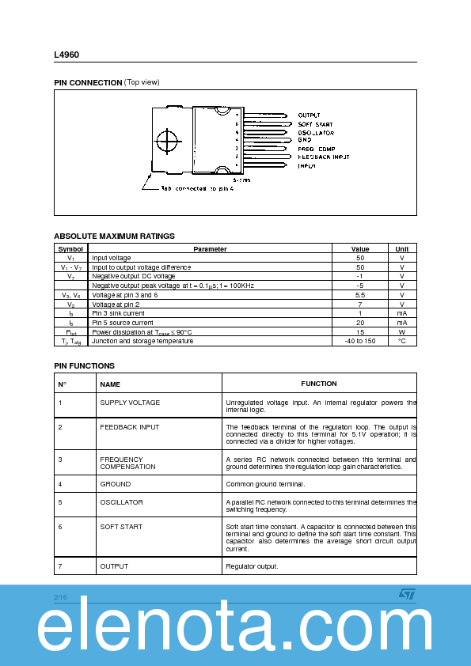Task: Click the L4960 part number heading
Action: (x=66, y=55)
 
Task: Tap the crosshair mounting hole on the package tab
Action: (x=168, y=143)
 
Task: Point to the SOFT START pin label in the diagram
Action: (x=315, y=124)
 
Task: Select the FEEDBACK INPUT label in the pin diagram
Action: (x=324, y=157)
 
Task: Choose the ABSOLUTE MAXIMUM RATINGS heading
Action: (x=114, y=236)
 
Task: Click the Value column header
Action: (x=360, y=248)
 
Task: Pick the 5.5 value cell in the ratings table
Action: (x=360, y=294)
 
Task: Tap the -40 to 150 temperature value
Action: (x=360, y=341)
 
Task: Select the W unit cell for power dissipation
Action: (x=402, y=331)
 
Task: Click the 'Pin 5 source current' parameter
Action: (x=123, y=323)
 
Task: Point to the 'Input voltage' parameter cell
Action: (x=112, y=258)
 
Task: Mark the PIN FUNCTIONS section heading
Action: (x=84, y=365)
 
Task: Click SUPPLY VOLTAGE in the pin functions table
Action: (x=130, y=403)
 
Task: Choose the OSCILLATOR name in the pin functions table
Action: (x=121, y=502)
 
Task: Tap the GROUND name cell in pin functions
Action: (x=116, y=483)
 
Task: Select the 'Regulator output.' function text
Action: (x=252, y=566)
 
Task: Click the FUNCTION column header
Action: (x=319, y=384)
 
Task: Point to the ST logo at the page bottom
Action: (x=406, y=593)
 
